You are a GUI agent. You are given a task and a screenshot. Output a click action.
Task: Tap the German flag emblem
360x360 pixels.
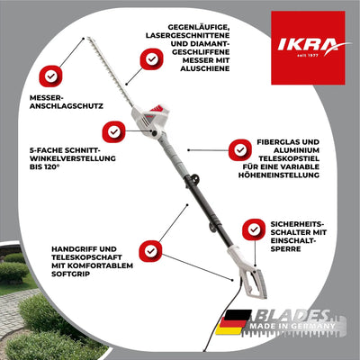[x=233, y=322]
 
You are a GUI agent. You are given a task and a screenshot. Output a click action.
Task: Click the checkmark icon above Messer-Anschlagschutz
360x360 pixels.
[x=50, y=76]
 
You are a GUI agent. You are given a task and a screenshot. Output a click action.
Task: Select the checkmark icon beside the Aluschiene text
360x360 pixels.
[x=152, y=59]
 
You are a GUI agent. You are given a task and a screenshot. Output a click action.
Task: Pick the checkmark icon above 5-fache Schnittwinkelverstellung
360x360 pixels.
[x=113, y=131]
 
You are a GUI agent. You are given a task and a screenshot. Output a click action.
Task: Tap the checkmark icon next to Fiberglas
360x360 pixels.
[x=240, y=149]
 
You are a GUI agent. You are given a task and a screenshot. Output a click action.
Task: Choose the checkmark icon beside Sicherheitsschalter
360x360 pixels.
[x=254, y=229]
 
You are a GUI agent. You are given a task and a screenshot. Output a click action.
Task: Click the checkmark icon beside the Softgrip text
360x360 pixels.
[x=150, y=251]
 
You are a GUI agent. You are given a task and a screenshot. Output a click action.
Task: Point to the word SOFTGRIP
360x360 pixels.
[x=71, y=274]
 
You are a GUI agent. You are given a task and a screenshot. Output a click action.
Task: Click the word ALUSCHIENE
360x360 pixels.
[x=205, y=68]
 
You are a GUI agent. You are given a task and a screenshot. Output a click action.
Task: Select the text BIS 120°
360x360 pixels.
[x=43, y=166]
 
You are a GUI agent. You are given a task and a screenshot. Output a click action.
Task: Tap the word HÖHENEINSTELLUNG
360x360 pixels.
[x=279, y=175]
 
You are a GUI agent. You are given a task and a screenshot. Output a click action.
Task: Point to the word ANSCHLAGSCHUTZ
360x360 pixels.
[x=67, y=106]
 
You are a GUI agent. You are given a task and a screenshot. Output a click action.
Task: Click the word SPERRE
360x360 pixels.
[x=285, y=248]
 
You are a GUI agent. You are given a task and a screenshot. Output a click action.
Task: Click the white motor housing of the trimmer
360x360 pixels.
[x=151, y=118]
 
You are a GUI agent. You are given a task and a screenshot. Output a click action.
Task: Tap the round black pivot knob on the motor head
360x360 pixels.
[x=154, y=133]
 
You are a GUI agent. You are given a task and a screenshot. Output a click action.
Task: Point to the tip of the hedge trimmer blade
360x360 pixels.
[x=87, y=38]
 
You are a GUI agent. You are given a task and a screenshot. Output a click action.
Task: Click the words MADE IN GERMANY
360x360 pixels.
[x=292, y=326]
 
